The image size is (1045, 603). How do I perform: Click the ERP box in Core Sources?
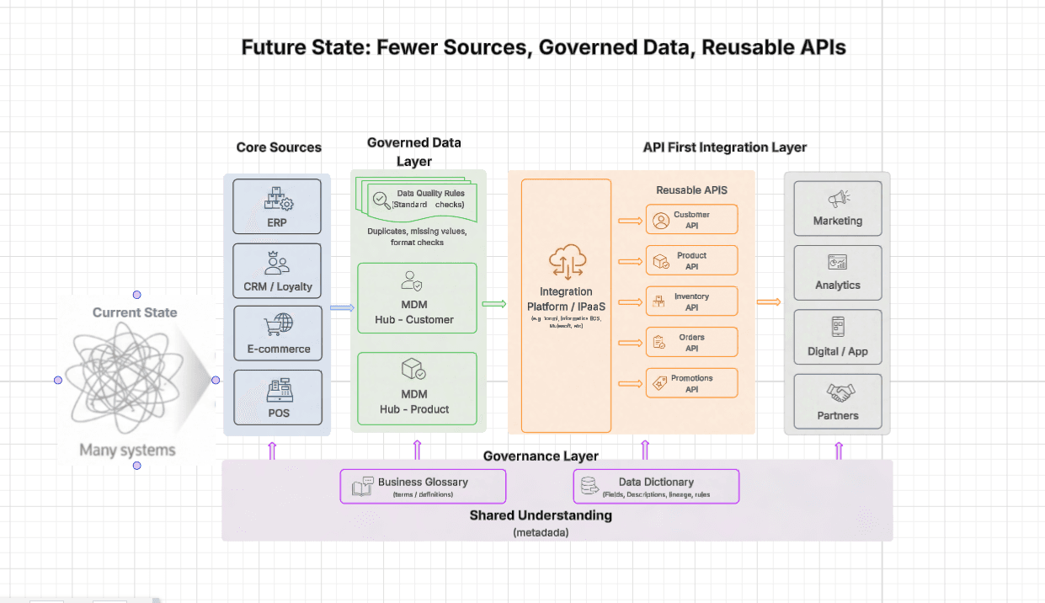[x=277, y=207]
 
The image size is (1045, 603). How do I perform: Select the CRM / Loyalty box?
[x=277, y=272]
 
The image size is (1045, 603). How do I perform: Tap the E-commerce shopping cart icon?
[x=279, y=324]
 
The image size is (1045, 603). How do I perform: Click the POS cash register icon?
[x=279, y=391]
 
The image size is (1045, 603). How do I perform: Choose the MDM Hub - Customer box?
[x=417, y=298]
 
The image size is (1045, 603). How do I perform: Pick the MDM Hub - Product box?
[x=417, y=388]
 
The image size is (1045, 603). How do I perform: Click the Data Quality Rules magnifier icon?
[x=381, y=200]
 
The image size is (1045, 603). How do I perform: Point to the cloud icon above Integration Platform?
[x=568, y=262]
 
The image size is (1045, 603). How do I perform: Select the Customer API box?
[x=691, y=220]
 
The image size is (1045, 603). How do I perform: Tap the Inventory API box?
[x=691, y=301]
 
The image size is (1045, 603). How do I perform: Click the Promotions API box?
[x=691, y=383]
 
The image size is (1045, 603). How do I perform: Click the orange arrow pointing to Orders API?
[x=630, y=343]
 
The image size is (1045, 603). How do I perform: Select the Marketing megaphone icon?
[x=838, y=200]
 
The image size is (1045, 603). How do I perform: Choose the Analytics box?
[x=838, y=272]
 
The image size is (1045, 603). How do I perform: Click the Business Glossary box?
[x=423, y=487]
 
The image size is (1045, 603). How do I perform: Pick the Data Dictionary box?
[x=656, y=487]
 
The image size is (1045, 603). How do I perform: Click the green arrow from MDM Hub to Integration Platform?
[x=493, y=304]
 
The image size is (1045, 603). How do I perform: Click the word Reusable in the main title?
[x=739, y=47]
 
